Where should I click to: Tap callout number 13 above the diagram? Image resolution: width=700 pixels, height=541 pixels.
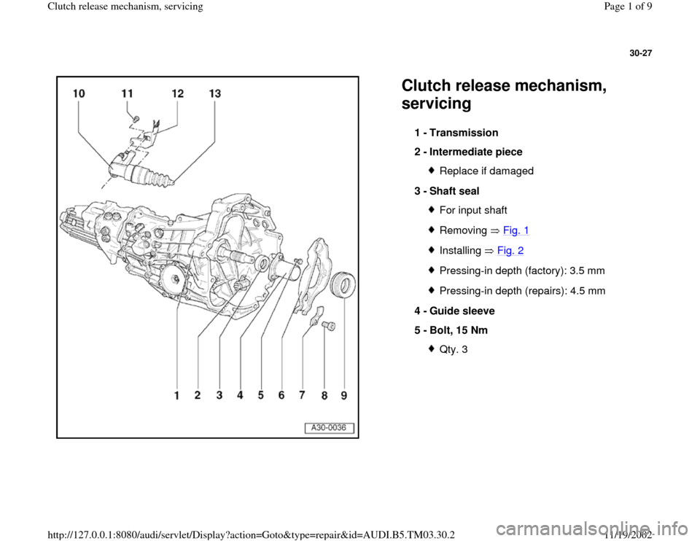pyautogui.click(x=214, y=94)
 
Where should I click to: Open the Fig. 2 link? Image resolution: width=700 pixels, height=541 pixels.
pyautogui.click(x=516, y=249)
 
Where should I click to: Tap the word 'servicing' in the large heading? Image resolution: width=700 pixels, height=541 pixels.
pyautogui.click(x=436, y=104)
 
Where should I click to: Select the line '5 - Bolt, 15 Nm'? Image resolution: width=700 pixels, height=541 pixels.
pyautogui.click(x=451, y=330)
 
